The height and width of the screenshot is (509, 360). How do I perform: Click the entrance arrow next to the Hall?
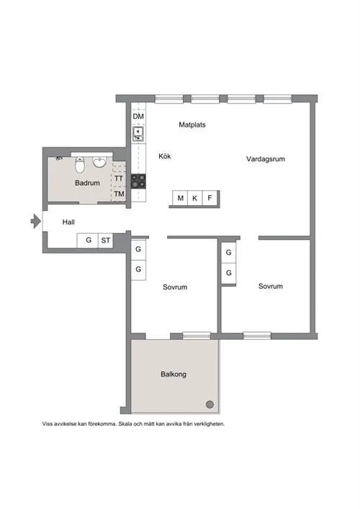point(36,222)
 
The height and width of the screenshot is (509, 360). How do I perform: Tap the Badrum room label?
point(87,183)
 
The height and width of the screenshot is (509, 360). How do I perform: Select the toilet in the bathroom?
point(79,165)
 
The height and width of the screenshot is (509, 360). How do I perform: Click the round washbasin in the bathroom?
point(99,162)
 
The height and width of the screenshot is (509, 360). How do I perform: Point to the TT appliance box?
point(119,179)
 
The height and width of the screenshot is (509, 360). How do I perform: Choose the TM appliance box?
point(119,194)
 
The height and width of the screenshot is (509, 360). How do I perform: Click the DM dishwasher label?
point(138,116)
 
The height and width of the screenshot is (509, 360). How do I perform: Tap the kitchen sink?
point(138,134)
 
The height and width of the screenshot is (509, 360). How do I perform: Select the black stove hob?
point(138,181)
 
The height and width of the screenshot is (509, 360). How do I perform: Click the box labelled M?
point(180,198)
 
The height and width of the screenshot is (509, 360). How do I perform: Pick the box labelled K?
point(195,198)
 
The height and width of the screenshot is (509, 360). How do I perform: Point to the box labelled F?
point(210,198)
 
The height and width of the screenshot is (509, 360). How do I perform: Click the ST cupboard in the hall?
point(106,240)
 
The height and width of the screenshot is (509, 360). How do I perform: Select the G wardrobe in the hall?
point(88,240)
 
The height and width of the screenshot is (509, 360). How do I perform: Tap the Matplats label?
point(192,125)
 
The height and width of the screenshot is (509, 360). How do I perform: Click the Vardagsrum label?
point(266,159)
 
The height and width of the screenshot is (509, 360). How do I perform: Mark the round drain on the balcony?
point(210,404)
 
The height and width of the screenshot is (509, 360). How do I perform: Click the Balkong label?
point(174,374)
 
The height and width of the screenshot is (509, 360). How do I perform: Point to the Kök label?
point(165,156)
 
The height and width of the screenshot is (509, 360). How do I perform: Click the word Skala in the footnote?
point(125,424)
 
